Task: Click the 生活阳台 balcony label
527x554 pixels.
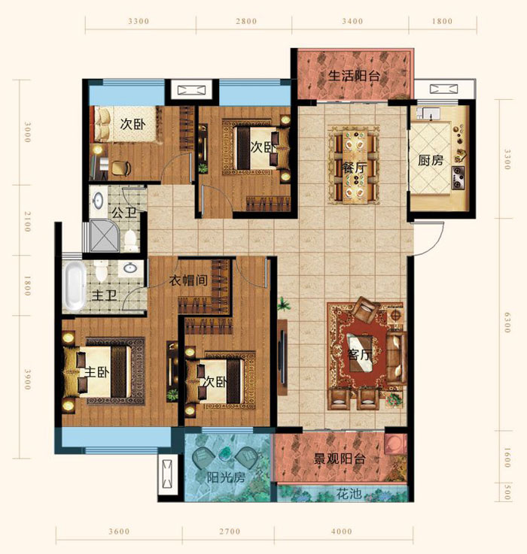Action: coord(354,76)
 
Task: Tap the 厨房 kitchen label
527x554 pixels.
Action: coord(431,160)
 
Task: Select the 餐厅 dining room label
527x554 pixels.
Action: coord(354,168)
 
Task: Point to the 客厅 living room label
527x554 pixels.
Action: coord(360,354)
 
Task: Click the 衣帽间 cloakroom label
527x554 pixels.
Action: coord(188,280)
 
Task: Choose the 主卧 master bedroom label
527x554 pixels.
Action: coord(97,372)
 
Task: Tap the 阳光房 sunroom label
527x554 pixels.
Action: coord(226,477)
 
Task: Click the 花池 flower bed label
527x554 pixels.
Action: coord(349,494)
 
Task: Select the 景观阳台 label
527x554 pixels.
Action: coord(340,459)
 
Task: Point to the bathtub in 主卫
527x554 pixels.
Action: coord(75,285)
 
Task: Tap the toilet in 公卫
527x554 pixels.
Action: coord(130,241)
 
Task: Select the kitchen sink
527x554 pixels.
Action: coord(431,114)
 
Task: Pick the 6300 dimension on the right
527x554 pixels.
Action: coord(507,322)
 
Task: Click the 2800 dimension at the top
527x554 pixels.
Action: coord(246,21)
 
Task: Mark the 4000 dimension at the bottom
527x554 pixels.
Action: coord(342,531)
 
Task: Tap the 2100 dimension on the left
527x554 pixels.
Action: coord(28,222)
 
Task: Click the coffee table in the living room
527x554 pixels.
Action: coord(360,353)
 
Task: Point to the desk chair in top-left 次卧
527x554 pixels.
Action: coord(121,168)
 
